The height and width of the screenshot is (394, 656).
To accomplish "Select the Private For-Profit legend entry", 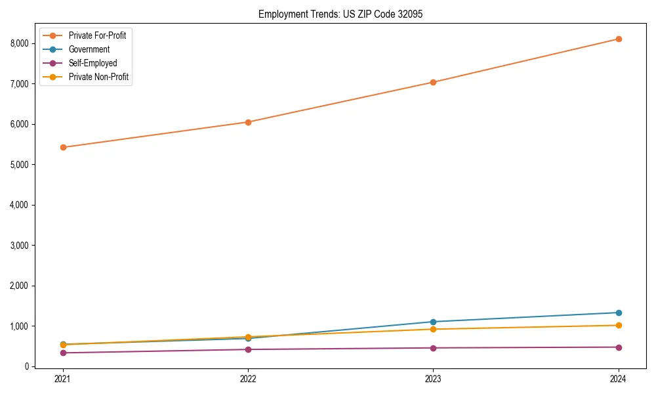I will (97, 35).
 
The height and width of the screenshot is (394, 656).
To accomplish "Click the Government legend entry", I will (89, 49).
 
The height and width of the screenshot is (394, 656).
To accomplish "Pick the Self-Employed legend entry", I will (92, 63).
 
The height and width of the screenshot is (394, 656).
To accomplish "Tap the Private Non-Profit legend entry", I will (98, 77).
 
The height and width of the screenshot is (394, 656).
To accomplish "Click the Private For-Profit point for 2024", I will (619, 39).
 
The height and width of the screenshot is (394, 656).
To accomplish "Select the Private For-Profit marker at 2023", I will (433, 82).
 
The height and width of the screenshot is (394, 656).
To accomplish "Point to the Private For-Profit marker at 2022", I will (248, 122).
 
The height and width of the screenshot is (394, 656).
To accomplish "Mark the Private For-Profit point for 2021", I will (63, 147).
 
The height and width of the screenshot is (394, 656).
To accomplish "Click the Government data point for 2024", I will (619, 313).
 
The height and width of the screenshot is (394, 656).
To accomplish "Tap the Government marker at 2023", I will (433, 322).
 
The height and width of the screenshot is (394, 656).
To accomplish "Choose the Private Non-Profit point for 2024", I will (619, 325).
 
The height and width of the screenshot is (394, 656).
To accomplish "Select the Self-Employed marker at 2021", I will (63, 353).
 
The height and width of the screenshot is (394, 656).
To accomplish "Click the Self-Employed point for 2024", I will (619, 347).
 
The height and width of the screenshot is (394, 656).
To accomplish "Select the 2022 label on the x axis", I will (248, 379).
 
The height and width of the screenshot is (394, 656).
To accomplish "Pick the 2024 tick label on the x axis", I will (619, 379).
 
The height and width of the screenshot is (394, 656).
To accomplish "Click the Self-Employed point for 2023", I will (433, 348).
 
